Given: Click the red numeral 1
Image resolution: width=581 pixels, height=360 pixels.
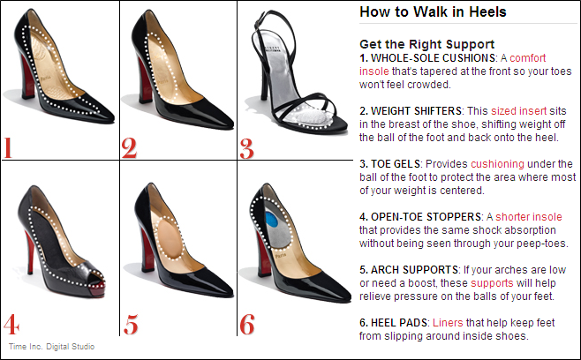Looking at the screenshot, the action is (x=8, y=147).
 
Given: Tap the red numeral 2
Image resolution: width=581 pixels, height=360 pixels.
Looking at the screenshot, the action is (x=129, y=148).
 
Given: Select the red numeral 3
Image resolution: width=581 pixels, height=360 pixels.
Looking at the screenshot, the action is (x=246, y=149).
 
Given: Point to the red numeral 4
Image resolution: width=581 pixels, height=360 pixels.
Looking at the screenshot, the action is (x=11, y=324).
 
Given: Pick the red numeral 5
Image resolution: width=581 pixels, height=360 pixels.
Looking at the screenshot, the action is (x=131, y=325).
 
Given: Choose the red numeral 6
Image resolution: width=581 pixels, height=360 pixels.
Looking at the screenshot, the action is (x=247, y=324).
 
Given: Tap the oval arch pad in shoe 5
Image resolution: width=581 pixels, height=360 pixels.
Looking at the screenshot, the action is (x=170, y=237).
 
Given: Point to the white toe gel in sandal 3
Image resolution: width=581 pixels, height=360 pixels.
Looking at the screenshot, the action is (x=310, y=116).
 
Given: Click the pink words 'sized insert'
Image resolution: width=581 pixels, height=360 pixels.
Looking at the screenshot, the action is (x=519, y=111).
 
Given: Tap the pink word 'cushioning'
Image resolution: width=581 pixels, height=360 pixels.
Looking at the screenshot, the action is (x=497, y=164).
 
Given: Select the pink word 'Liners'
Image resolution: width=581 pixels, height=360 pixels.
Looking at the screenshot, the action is (x=448, y=323).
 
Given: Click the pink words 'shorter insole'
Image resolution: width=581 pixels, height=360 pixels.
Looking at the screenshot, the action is (x=529, y=217).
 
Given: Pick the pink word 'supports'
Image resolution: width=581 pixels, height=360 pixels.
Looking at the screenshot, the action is (x=492, y=283).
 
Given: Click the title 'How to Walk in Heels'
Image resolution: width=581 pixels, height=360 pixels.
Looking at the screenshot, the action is (x=433, y=11).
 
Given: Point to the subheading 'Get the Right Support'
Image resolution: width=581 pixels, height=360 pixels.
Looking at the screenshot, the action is (x=426, y=44).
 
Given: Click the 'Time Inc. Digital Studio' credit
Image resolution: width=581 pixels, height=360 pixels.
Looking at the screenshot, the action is (x=51, y=347).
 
